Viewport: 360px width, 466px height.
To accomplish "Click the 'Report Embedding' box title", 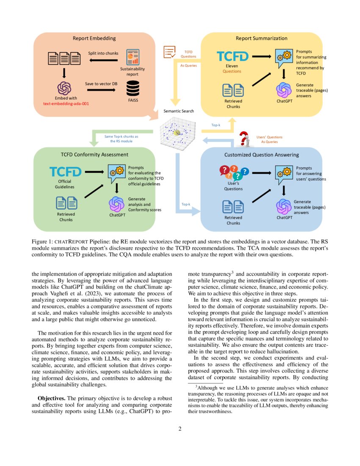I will click(x=94, y=38).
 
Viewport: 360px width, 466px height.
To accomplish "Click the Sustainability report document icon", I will click(x=133, y=57).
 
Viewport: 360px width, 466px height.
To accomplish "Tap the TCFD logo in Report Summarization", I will click(x=233, y=56).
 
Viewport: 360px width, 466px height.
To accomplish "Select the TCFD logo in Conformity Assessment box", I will click(x=65, y=172).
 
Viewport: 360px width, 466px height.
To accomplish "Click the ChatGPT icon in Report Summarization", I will click(x=283, y=89).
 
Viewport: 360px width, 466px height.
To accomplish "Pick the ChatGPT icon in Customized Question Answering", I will click(x=284, y=206).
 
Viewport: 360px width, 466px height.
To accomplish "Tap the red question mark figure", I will click(x=244, y=139).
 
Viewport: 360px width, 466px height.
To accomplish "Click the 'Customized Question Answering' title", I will click(x=261, y=155).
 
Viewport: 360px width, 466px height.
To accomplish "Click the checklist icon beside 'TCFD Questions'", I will click(x=169, y=53).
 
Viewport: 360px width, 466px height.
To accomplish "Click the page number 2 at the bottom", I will click(x=180, y=429).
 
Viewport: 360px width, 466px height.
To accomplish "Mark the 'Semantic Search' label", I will click(x=179, y=111).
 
